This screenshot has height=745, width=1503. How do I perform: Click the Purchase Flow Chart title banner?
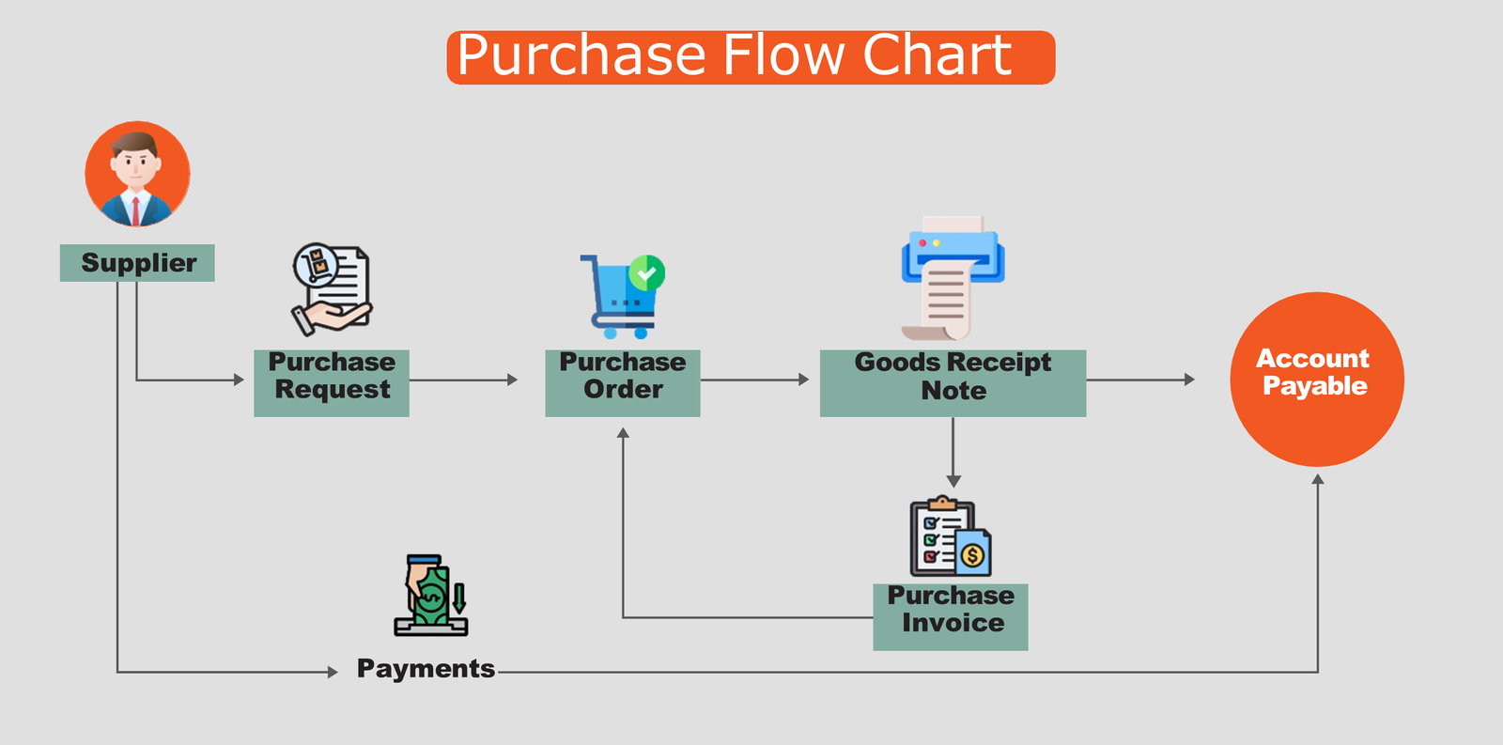point(751,57)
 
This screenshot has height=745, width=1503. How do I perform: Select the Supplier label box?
point(137,262)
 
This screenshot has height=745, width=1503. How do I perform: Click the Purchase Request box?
point(332,382)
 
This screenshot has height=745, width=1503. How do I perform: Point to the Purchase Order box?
point(623,382)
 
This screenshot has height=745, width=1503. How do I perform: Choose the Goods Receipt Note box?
point(953,382)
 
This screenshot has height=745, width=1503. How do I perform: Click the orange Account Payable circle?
point(1317,380)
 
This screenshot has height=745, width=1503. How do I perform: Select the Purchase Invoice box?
point(950,617)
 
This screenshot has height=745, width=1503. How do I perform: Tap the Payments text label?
point(426,669)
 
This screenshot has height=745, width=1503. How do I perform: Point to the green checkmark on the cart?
point(647,273)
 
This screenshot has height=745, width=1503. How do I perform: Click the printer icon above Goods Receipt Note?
point(953,278)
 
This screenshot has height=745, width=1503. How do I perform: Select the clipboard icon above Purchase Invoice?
point(950,536)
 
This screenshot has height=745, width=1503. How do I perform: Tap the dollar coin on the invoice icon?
point(972,556)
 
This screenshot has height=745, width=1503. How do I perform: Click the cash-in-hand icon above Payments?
point(431,596)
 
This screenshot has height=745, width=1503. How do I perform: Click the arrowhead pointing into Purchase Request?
point(239,380)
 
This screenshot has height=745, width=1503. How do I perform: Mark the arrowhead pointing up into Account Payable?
point(1318,479)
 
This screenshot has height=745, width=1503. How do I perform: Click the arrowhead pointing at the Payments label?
point(333,672)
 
